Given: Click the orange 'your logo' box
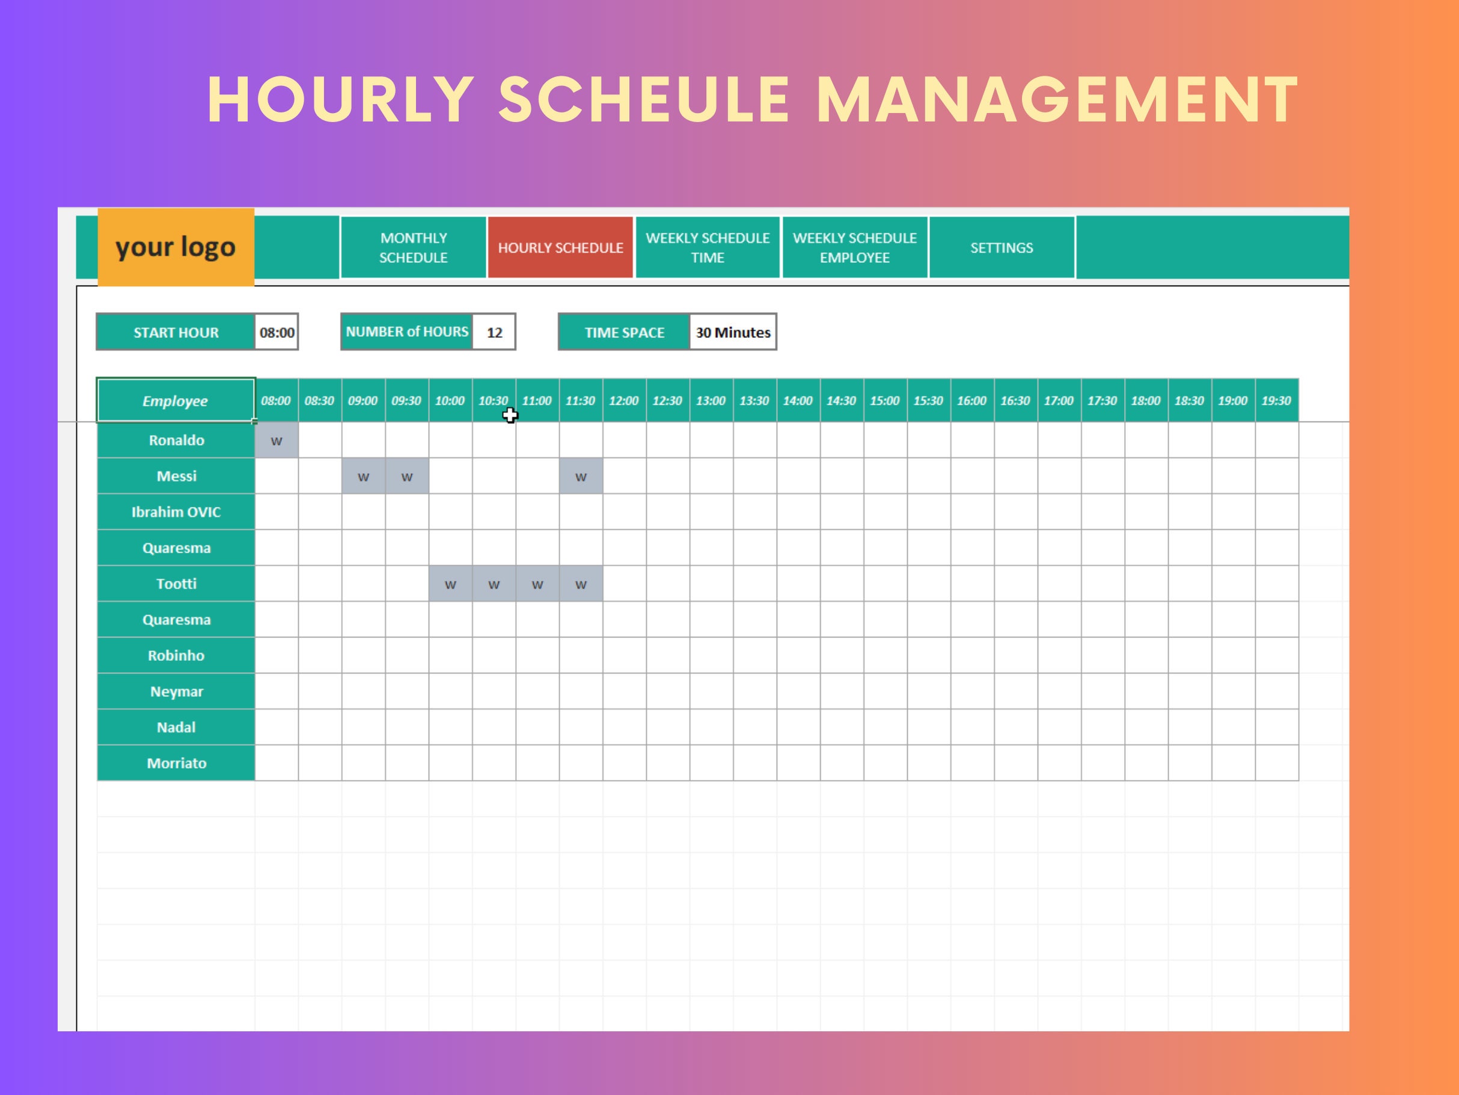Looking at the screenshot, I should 176,247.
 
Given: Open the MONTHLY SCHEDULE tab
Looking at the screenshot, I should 413,247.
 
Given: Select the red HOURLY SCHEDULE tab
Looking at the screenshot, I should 560,247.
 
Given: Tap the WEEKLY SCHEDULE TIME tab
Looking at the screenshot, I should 707,247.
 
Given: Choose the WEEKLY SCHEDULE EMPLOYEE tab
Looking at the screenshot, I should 854,247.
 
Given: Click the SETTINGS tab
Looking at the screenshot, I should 1002,247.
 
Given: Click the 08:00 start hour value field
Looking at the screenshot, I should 277,332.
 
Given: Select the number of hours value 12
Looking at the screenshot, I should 494,332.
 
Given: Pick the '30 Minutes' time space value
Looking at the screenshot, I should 733,332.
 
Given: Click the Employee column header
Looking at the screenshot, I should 176,400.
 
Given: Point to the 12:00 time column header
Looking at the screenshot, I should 624,400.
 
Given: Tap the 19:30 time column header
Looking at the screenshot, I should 1276,400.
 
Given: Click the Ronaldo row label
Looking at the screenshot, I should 176,440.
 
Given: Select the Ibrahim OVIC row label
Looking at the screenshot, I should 176,512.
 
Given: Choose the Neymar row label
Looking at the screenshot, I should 176,692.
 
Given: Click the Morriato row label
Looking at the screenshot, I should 176,763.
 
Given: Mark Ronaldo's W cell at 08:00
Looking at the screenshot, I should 277,441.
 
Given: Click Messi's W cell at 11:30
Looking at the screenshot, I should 581,476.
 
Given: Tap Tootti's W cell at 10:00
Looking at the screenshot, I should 450,584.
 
